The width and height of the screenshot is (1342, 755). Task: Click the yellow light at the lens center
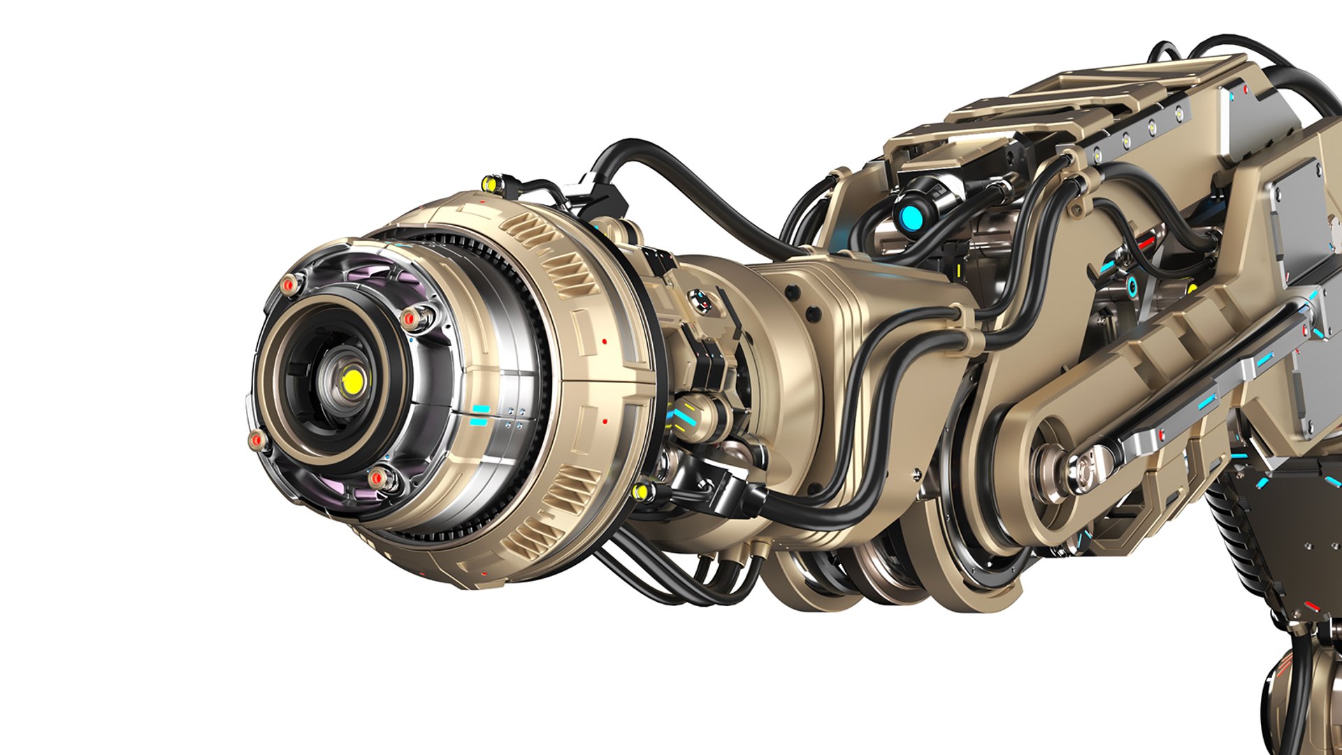coord(352,380)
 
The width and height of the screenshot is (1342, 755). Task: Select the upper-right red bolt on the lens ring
coord(412,318)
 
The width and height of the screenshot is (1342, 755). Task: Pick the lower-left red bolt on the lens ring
coord(257,440)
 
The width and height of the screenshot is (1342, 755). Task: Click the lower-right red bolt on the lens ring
coord(377,478)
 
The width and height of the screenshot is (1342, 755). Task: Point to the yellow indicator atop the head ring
coord(490,184)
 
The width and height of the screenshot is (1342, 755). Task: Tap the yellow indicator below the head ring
coord(640,492)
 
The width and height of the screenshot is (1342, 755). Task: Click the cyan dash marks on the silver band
coord(479,415)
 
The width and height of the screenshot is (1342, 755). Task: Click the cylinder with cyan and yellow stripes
coord(688,415)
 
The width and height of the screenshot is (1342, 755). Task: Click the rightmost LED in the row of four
coord(1180,112)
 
